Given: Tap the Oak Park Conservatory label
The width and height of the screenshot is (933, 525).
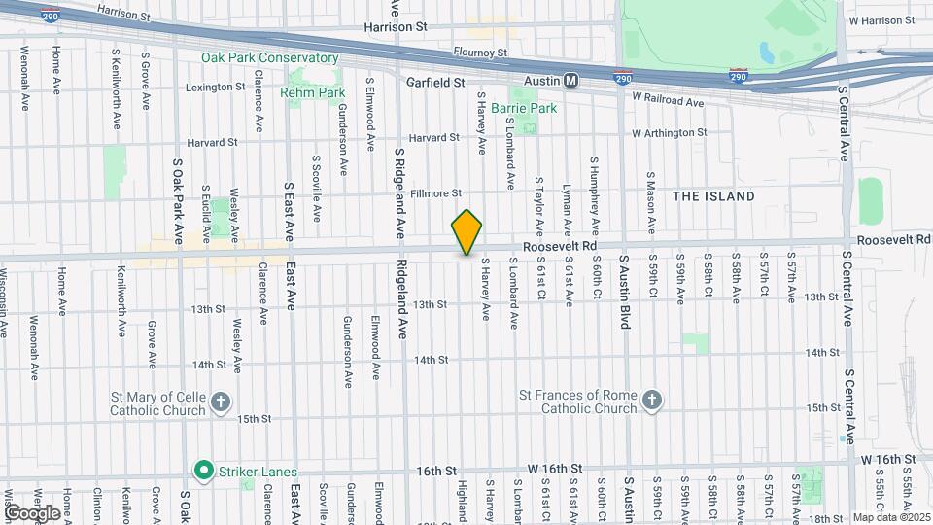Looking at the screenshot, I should click(x=269, y=58).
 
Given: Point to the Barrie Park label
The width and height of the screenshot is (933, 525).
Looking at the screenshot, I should click(x=524, y=108).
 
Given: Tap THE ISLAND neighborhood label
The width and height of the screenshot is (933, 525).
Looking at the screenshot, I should click(x=713, y=196).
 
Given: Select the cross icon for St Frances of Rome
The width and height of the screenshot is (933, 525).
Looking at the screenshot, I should click(x=652, y=401).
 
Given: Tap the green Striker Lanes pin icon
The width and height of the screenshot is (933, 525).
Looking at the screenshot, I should click(x=203, y=472).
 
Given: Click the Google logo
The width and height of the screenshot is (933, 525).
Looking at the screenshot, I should click(x=32, y=512).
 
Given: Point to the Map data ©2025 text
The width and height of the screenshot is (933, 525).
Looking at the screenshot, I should click(x=890, y=517).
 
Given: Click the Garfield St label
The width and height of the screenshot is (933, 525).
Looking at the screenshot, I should click(x=436, y=84).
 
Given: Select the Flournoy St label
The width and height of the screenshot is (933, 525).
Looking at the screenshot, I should click(x=480, y=52).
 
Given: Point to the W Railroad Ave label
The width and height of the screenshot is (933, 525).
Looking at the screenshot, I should click(x=667, y=100).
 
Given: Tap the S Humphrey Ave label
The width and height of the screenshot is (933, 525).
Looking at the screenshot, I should click(x=595, y=178).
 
